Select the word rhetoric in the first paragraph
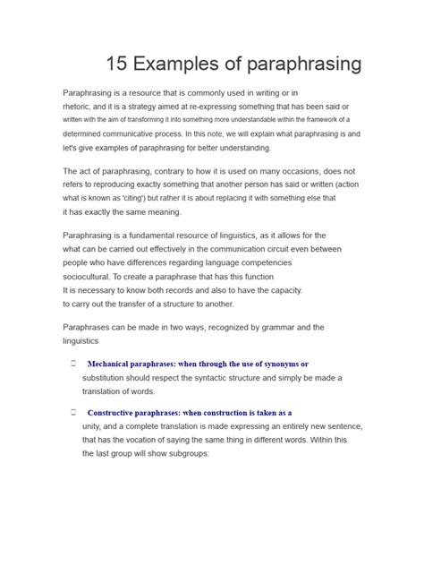78,105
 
